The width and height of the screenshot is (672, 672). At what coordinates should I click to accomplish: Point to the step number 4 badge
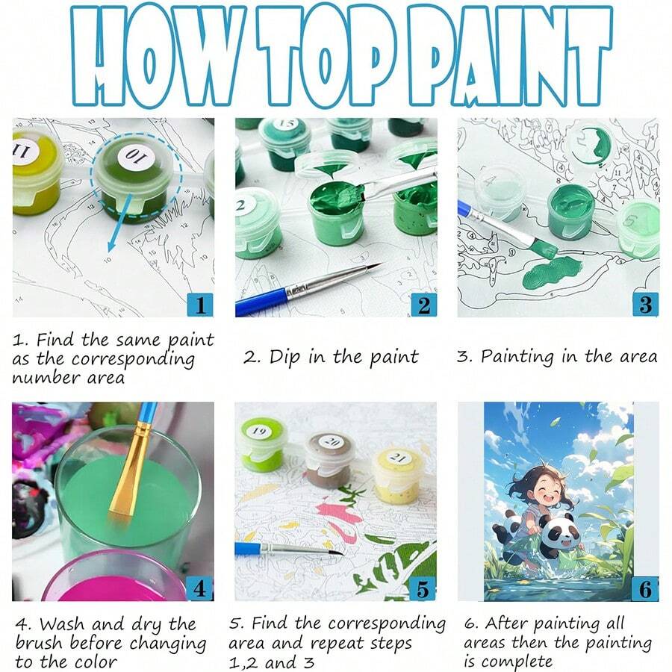[199, 588]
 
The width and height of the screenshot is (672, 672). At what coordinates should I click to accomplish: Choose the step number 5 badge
[423, 588]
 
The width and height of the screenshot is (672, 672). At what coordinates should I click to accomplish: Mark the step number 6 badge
[645, 588]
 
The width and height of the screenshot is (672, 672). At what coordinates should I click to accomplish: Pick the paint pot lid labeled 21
[397, 456]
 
